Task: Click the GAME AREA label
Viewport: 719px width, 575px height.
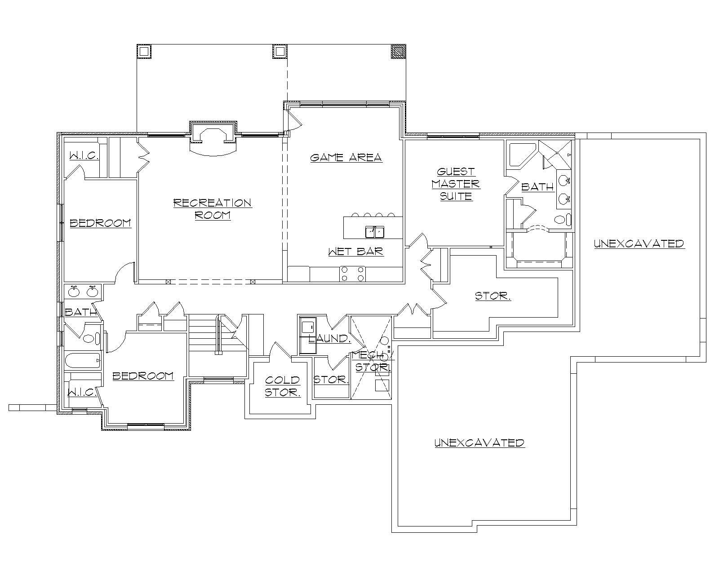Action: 346,157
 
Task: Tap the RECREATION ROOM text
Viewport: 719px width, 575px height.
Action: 213,209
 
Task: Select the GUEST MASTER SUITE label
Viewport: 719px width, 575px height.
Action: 456,184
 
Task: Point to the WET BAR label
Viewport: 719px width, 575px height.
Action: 356,251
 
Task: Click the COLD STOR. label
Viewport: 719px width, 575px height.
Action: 282,386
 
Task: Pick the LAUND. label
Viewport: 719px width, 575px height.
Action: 329,338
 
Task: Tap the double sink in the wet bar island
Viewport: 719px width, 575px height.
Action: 374,232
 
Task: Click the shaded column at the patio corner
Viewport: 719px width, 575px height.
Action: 398,51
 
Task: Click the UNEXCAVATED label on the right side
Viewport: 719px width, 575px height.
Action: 639,243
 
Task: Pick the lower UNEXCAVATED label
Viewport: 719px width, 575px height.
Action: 479,442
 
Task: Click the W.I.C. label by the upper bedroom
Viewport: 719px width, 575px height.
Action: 84,156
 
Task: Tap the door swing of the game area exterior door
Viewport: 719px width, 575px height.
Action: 291,120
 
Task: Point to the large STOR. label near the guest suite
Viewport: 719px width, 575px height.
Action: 493,296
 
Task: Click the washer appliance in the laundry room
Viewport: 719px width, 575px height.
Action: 308,326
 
